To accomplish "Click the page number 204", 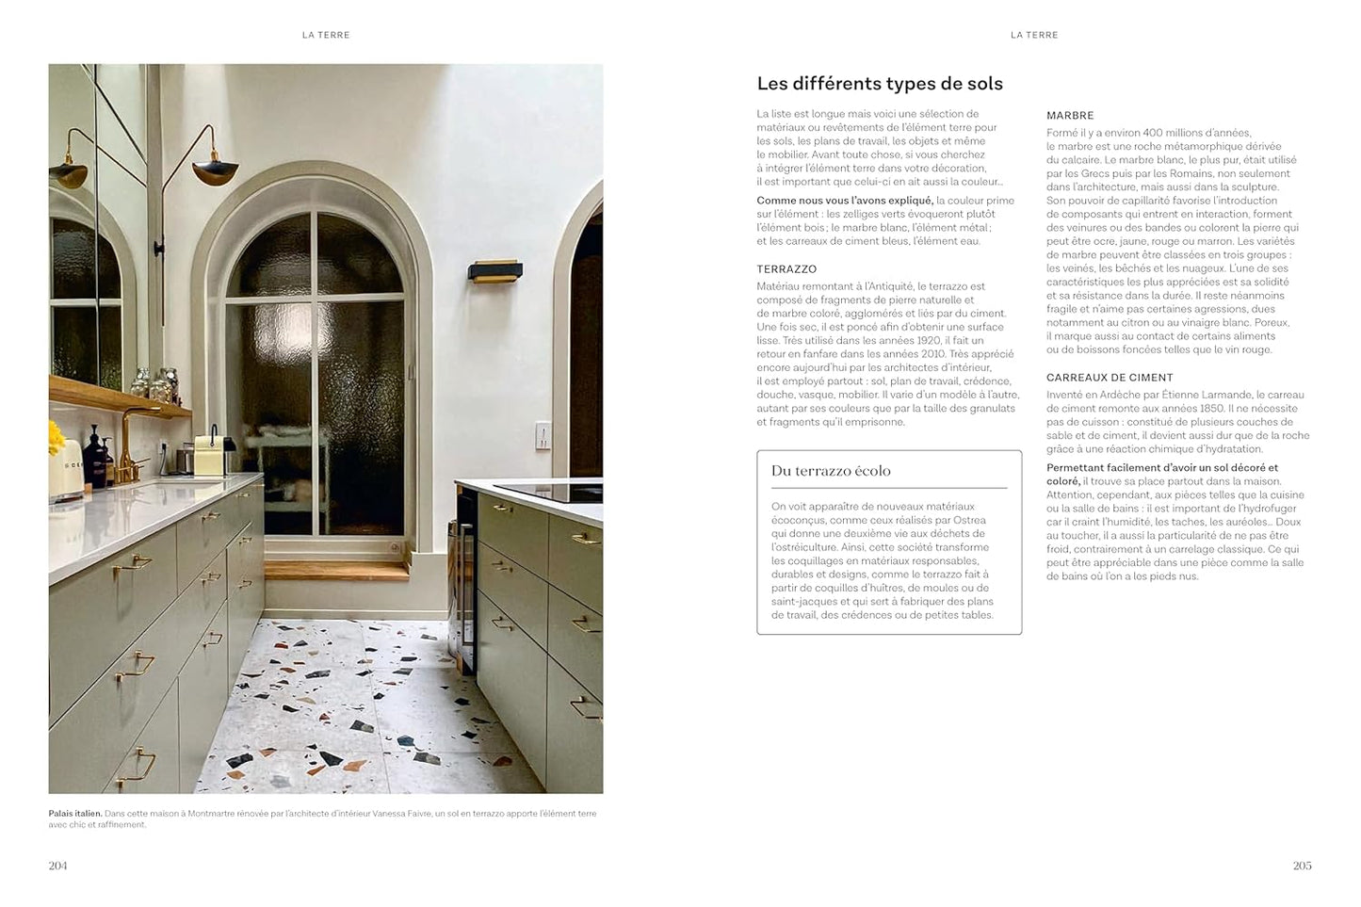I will [x=57, y=866].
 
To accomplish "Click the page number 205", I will [x=1302, y=866].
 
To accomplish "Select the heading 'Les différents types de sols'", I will [x=880, y=84].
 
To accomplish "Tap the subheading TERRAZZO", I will [x=786, y=269].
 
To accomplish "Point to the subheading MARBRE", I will [x=1070, y=116].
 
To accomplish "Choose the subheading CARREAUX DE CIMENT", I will [x=1110, y=378].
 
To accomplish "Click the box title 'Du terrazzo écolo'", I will [x=831, y=471].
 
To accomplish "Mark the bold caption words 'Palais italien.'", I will [x=75, y=814].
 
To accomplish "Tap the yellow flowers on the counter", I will [x=57, y=437].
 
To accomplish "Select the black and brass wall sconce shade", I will [x=215, y=170].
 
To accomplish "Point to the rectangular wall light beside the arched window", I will [x=495, y=271].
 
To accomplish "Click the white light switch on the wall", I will [x=542, y=435].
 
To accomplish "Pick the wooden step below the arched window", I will [x=336, y=569].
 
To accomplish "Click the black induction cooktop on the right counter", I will [x=546, y=492].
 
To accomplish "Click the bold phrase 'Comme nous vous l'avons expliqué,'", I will [x=845, y=201].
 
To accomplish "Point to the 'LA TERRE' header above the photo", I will [x=326, y=35].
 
